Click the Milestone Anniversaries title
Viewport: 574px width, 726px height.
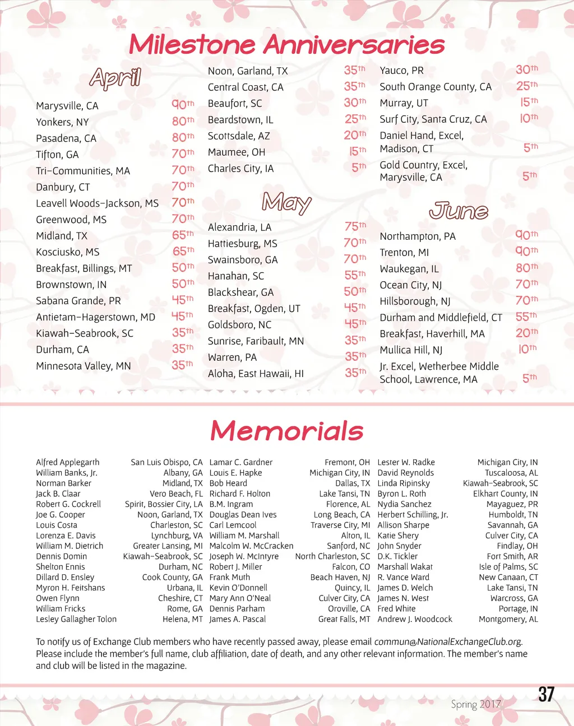[286, 44]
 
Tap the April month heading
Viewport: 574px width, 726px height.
[115, 78]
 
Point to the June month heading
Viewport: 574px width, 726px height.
[459, 211]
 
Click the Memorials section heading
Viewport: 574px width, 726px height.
[286, 431]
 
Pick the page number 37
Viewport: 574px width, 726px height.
[546, 695]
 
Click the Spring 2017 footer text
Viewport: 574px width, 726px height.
[475, 704]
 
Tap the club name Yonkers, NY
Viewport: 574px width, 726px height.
[62, 122]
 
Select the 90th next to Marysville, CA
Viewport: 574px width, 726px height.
[183, 104]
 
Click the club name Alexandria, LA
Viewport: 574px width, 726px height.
[239, 227]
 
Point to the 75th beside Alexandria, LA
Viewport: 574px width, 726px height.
[355, 226]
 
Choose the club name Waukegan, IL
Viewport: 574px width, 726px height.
[409, 269]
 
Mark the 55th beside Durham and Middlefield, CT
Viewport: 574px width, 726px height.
[526, 317]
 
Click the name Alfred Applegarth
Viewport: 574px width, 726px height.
[68, 462]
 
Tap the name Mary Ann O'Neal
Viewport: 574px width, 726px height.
[240, 598]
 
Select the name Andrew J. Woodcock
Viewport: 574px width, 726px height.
[415, 619]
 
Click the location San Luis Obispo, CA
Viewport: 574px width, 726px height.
[166, 462]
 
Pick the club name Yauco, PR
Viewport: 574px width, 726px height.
[401, 71]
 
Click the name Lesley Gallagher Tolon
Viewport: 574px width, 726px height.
[76, 619]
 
